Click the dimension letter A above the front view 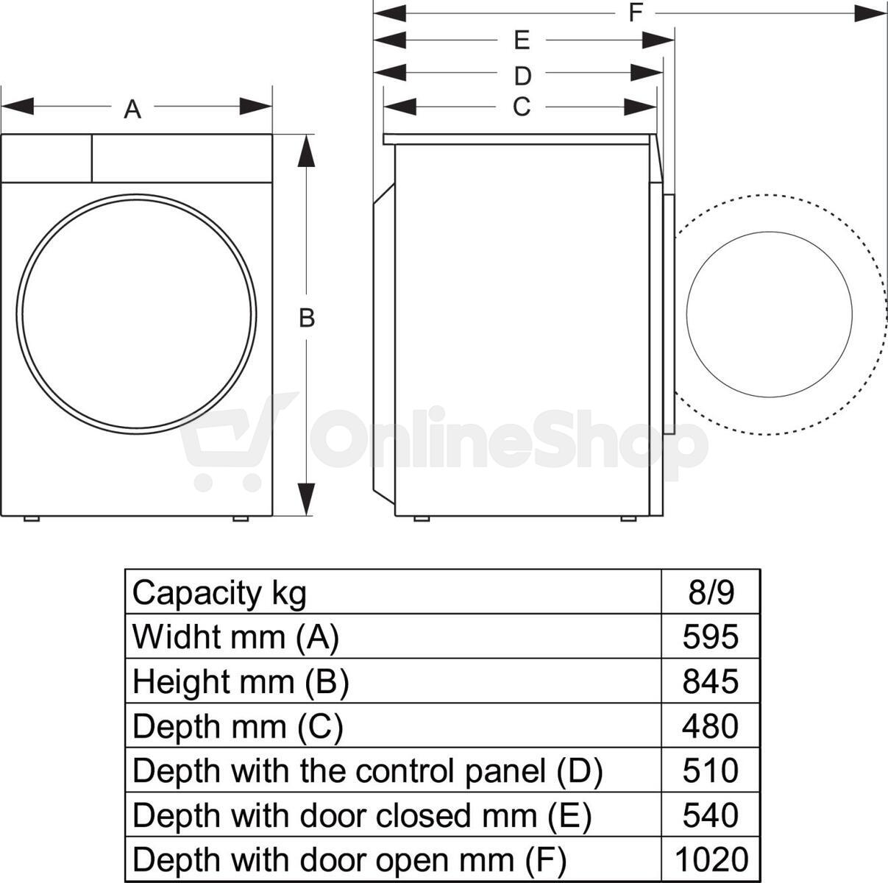click(x=132, y=110)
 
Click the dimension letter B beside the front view click(x=307, y=318)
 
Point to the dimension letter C click(x=522, y=107)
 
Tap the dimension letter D click(x=522, y=76)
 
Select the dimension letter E click(x=522, y=40)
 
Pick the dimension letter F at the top click(x=636, y=13)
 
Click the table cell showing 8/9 click(x=711, y=592)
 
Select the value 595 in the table click(x=711, y=636)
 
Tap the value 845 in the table click(x=711, y=681)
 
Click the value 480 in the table click(x=711, y=726)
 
